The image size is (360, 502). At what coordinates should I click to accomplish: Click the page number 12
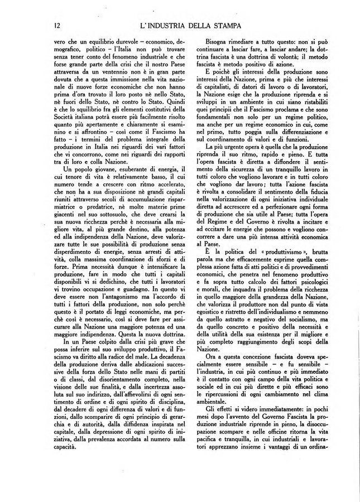(x=57, y=26)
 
